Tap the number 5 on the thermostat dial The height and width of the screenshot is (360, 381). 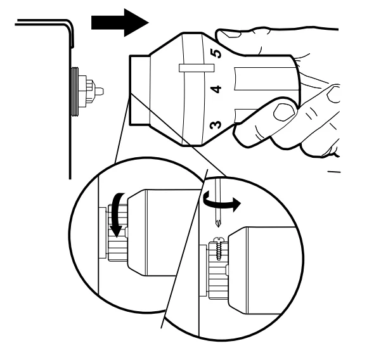tap(216, 55)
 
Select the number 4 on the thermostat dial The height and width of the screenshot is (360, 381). tap(216, 89)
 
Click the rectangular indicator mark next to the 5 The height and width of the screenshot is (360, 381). tap(191, 67)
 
